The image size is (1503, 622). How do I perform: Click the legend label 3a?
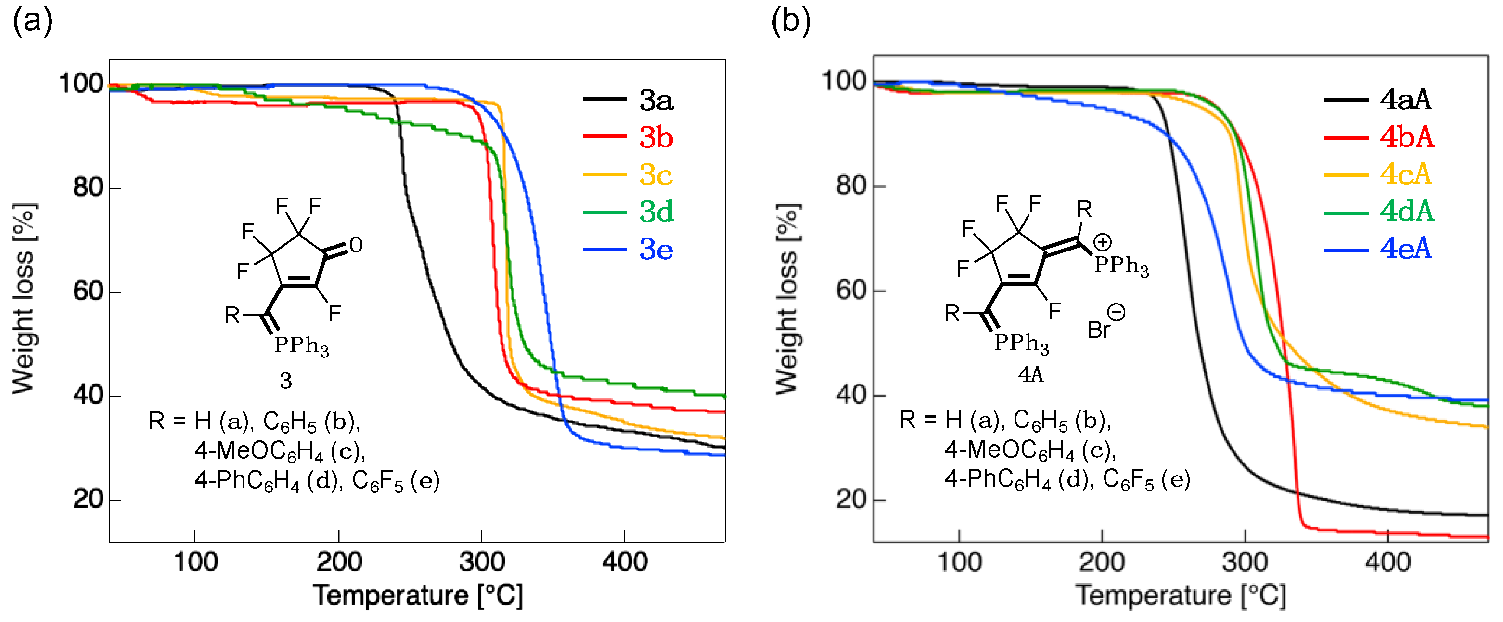(x=656, y=100)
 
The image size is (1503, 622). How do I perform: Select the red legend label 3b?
(x=656, y=138)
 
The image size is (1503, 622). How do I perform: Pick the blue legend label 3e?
(x=656, y=250)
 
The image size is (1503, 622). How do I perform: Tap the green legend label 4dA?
(x=1406, y=212)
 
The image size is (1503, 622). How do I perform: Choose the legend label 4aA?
(x=1405, y=100)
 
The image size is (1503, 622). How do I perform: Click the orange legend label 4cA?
(x=1405, y=174)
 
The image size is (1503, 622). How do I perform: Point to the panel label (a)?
(x=33, y=21)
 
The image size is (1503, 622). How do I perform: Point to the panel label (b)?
(x=791, y=21)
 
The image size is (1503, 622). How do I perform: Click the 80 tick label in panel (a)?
(x=89, y=187)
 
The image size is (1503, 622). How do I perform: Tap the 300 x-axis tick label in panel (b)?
(x=1245, y=562)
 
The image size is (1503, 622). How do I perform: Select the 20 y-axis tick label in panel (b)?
(x=852, y=499)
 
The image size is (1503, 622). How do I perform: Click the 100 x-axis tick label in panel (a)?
(x=195, y=562)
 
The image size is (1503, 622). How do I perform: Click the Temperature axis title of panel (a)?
(x=418, y=596)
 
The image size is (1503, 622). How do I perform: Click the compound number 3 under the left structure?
(x=285, y=381)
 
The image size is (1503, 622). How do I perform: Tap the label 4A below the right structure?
(x=1030, y=374)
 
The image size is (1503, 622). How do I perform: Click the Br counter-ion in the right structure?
(x=1099, y=330)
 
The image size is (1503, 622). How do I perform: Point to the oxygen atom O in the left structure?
(x=356, y=245)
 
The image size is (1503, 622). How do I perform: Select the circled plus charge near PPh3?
(x=1102, y=241)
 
